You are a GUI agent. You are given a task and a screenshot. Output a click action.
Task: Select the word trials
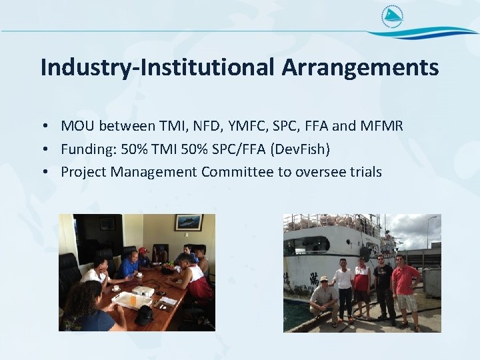[x=365, y=172]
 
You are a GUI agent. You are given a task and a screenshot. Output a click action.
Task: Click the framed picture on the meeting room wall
[x=188, y=223]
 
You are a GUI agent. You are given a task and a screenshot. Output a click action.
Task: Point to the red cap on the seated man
[x=143, y=251]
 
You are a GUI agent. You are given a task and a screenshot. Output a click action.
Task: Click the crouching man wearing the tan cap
[x=324, y=296]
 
